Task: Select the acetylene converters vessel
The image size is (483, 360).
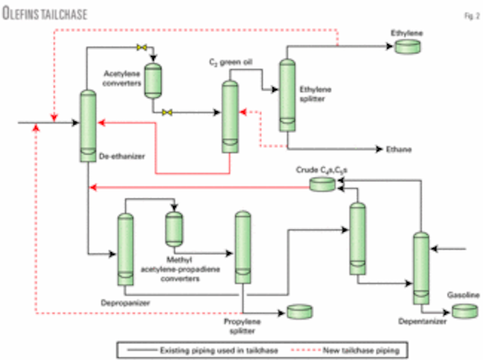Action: click(x=153, y=79)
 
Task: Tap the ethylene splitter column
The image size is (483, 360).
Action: click(x=288, y=94)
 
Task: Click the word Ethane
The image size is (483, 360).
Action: click(x=398, y=149)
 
